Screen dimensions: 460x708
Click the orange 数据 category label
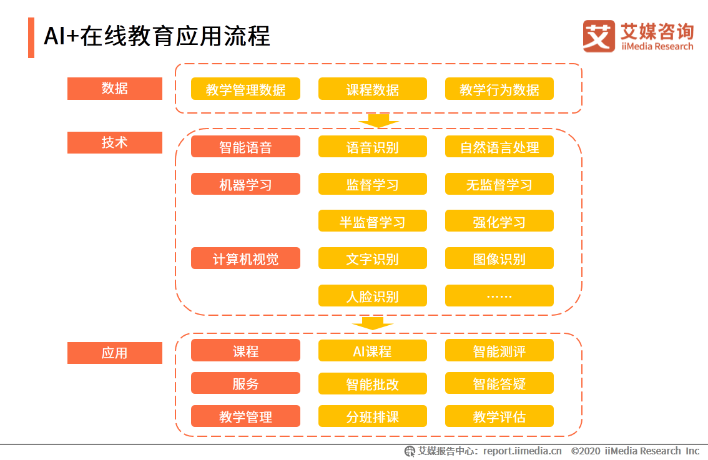[114, 89]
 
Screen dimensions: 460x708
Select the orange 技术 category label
[114, 142]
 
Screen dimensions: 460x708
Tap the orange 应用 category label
[114, 353]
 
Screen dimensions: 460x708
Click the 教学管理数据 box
[245, 89]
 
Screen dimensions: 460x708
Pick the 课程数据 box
[373, 89]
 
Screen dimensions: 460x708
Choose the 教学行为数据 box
[499, 89]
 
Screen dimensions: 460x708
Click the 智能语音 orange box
[245, 147]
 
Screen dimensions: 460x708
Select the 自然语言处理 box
[499, 147]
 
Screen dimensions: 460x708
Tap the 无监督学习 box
[499, 185]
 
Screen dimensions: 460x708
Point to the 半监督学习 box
[373, 222]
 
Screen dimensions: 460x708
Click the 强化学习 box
[499, 222]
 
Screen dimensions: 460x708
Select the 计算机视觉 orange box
[245, 258]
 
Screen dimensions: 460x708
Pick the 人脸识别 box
[373, 296]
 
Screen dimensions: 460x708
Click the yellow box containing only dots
[499, 296]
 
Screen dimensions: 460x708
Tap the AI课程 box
[373, 351]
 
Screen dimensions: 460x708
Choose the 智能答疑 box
[499, 383]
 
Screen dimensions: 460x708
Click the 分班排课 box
[373, 416]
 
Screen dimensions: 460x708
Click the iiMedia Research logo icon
[599, 36]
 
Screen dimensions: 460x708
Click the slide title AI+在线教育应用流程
[157, 37]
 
